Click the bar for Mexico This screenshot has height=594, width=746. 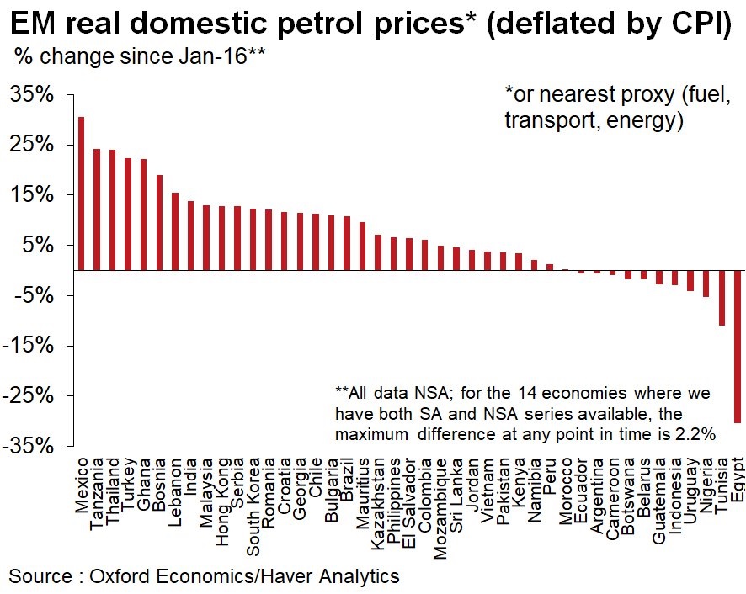pos(81,194)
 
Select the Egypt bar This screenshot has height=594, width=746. pos(738,347)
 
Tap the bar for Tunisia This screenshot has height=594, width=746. pos(722,298)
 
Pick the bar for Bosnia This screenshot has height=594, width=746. pos(159,223)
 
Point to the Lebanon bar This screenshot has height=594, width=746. pos(175,231)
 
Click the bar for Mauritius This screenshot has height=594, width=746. pos(362,247)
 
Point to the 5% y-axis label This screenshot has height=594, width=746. pos(40,245)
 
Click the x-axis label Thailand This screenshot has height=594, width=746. pos(113,480)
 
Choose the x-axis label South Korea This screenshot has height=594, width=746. pos(253,496)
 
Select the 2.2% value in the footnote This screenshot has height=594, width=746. pos(697,434)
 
